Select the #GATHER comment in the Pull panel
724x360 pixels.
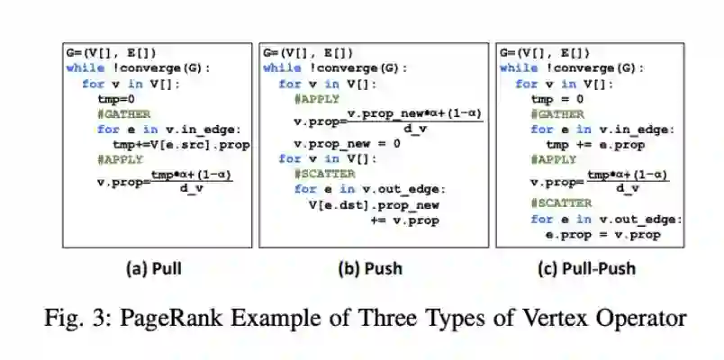click(x=124, y=114)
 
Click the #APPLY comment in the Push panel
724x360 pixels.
click(x=319, y=99)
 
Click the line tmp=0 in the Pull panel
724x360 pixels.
click(x=115, y=99)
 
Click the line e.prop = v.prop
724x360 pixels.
click(x=602, y=234)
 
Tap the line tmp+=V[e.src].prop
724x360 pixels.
click(x=181, y=144)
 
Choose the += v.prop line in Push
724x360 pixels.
click(x=405, y=219)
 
